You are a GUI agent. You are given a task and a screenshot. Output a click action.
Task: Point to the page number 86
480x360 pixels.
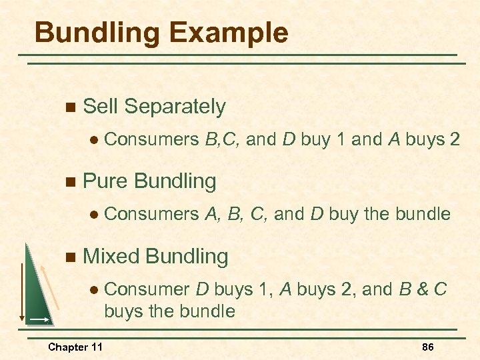[x=429, y=347]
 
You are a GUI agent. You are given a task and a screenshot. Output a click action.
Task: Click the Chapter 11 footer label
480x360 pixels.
[x=75, y=347]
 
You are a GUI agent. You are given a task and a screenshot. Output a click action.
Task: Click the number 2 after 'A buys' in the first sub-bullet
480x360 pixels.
[x=455, y=140]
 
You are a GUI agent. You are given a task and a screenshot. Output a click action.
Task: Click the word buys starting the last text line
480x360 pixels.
[x=123, y=311]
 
